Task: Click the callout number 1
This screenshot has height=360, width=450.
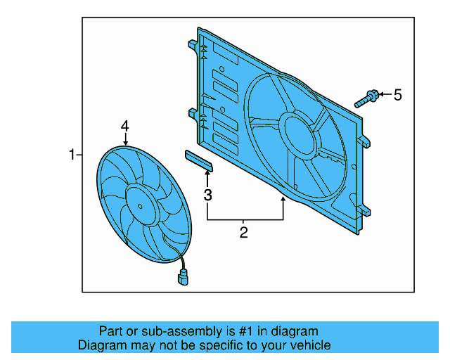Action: click(x=71, y=154)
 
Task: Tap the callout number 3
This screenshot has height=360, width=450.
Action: click(x=207, y=195)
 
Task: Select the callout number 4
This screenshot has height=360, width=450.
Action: click(x=124, y=126)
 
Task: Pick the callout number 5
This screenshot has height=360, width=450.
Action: click(x=397, y=95)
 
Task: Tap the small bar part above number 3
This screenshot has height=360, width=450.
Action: click(x=199, y=160)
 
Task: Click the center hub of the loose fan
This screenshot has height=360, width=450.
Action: click(x=139, y=205)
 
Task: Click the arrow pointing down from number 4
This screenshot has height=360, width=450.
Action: click(x=124, y=139)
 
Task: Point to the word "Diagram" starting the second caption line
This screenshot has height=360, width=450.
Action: click(x=101, y=345)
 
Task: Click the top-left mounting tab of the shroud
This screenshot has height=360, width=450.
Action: click(x=191, y=45)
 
